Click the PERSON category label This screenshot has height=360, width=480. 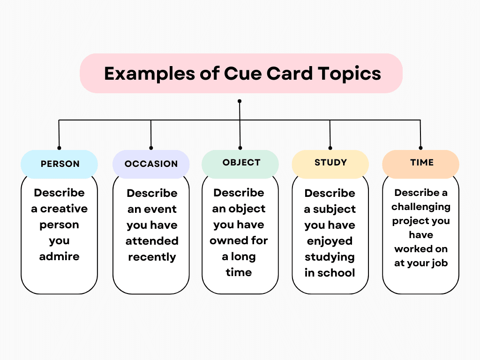[60, 164]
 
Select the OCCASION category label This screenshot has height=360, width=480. [151, 164]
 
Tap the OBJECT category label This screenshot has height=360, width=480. [241, 163]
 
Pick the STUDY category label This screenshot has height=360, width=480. [330, 163]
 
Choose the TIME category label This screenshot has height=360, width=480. [421, 163]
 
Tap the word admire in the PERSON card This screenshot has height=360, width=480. [60, 256]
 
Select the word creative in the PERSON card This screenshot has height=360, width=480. [64, 209]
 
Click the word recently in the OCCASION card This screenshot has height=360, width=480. [152, 257]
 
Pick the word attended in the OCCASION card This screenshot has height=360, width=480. [152, 241]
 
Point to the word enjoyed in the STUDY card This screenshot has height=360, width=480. [330, 241]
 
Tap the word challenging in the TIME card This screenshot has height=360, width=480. [421, 207]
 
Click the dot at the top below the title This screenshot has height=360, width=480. [240, 101]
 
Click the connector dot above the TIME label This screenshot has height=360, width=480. [420, 147]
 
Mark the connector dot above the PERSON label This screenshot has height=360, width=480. [59, 147]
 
